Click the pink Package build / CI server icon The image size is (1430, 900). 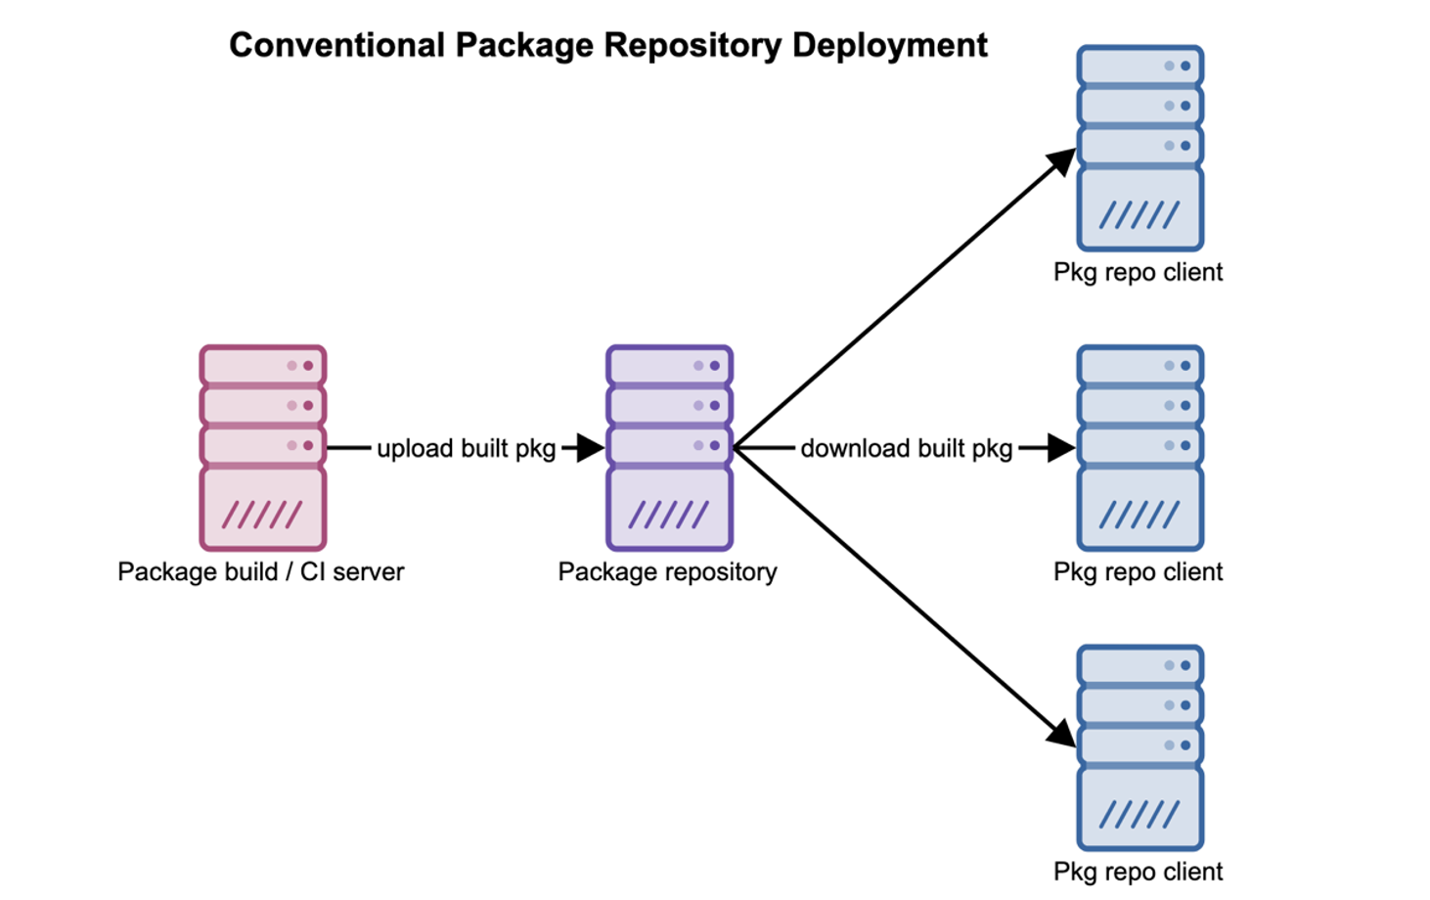pyautogui.click(x=262, y=447)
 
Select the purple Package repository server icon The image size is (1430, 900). pyautogui.click(x=669, y=447)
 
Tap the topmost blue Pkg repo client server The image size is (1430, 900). pyautogui.click(x=1140, y=148)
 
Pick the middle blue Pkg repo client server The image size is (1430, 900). pyautogui.click(x=1140, y=447)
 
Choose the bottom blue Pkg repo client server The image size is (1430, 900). pyautogui.click(x=1140, y=747)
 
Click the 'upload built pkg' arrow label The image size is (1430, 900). pyautogui.click(x=466, y=449)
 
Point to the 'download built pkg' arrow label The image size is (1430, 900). pyautogui.click(x=906, y=449)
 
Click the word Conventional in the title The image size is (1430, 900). pyautogui.click(x=336, y=46)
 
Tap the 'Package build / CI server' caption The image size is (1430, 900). pyautogui.click(x=260, y=572)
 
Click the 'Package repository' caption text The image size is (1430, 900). pyautogui.click(x=667, y=572)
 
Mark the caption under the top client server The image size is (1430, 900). pyautogui.click(x=1138, y=273)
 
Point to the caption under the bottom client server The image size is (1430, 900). pyautogui.click(x=1138, y=872)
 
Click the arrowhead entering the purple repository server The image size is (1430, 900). pyautogui.click(x=591, y=448)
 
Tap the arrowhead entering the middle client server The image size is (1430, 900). pyautogui.click(x=1061, y=448)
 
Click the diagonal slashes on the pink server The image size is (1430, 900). pyautogui.click(x=262, y=515)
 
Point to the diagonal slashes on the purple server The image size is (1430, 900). pyautogui.click(x=669, y=515)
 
